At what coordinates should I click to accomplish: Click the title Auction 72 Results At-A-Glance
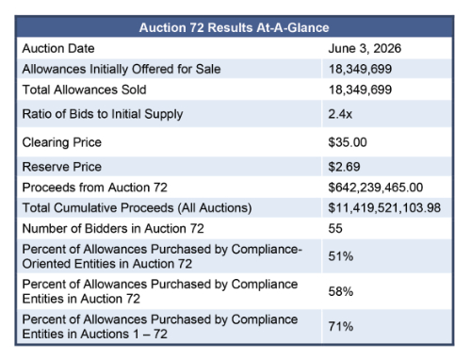(x=234, y=27)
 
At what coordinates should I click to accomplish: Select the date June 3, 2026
(x=365, y=49)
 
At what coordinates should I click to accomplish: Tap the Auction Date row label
(x=58, y=48)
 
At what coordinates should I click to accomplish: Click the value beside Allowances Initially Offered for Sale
(x=360, y=69)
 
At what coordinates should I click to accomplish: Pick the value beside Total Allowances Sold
(x=360, y=90)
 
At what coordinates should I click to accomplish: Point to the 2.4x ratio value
(x=340, y=114)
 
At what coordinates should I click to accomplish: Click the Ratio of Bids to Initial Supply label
(x=103, y=114)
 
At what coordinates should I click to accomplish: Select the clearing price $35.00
(x=348, y=142)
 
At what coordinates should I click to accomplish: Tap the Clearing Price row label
(x=62, y=142)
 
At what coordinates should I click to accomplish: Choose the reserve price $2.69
(x=344, y=167)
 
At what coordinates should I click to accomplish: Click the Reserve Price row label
(x=62, y=167)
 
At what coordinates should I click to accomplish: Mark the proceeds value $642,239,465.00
(x=376, y=188)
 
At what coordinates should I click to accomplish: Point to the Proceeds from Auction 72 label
(x=95, y=188)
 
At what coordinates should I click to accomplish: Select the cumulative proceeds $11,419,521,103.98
(x=384, y=208)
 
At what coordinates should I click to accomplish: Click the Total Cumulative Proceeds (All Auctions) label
(x=137, y=208)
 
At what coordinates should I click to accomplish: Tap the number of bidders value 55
(x=335, y=228)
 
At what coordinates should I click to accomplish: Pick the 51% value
(x=341, y=256)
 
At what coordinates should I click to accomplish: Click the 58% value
(x=341, y=291)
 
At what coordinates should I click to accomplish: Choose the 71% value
(x=341, y=327)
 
